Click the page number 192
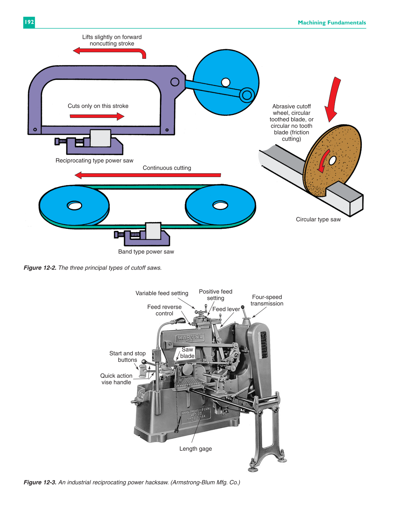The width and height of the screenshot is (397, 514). [x=29, y=22]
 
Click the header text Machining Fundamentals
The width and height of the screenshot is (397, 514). [x=332, y=23]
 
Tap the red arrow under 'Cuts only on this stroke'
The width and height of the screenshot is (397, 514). [x=97, y=117]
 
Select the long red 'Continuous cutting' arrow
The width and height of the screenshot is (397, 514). [x=148, y=175]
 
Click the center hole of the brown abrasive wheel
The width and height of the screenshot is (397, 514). [x=332, y=161]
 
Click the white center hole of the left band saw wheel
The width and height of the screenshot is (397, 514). [x=75, y=206]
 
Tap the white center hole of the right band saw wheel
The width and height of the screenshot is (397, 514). [x=220, y=205]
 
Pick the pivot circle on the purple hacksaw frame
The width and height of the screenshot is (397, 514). [x=175, y=82]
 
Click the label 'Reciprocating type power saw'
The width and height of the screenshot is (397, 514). [x=94, y=161]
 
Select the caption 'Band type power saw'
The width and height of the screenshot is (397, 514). [x=146, y=252]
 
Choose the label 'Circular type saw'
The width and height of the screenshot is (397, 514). [x=318, y=219]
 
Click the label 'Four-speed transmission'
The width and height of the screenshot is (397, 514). [x=267, y=300]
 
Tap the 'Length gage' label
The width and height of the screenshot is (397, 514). [x=196, y=449]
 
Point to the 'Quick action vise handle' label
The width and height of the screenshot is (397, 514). [x=116, y=379]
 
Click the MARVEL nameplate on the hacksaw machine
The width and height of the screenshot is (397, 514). [x=190, y=338]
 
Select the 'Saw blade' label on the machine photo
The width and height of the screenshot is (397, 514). [x=187, y=353]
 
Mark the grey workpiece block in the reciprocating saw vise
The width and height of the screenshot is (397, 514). [x=100, y=138]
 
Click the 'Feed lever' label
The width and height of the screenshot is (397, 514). [x=226, y=309]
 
